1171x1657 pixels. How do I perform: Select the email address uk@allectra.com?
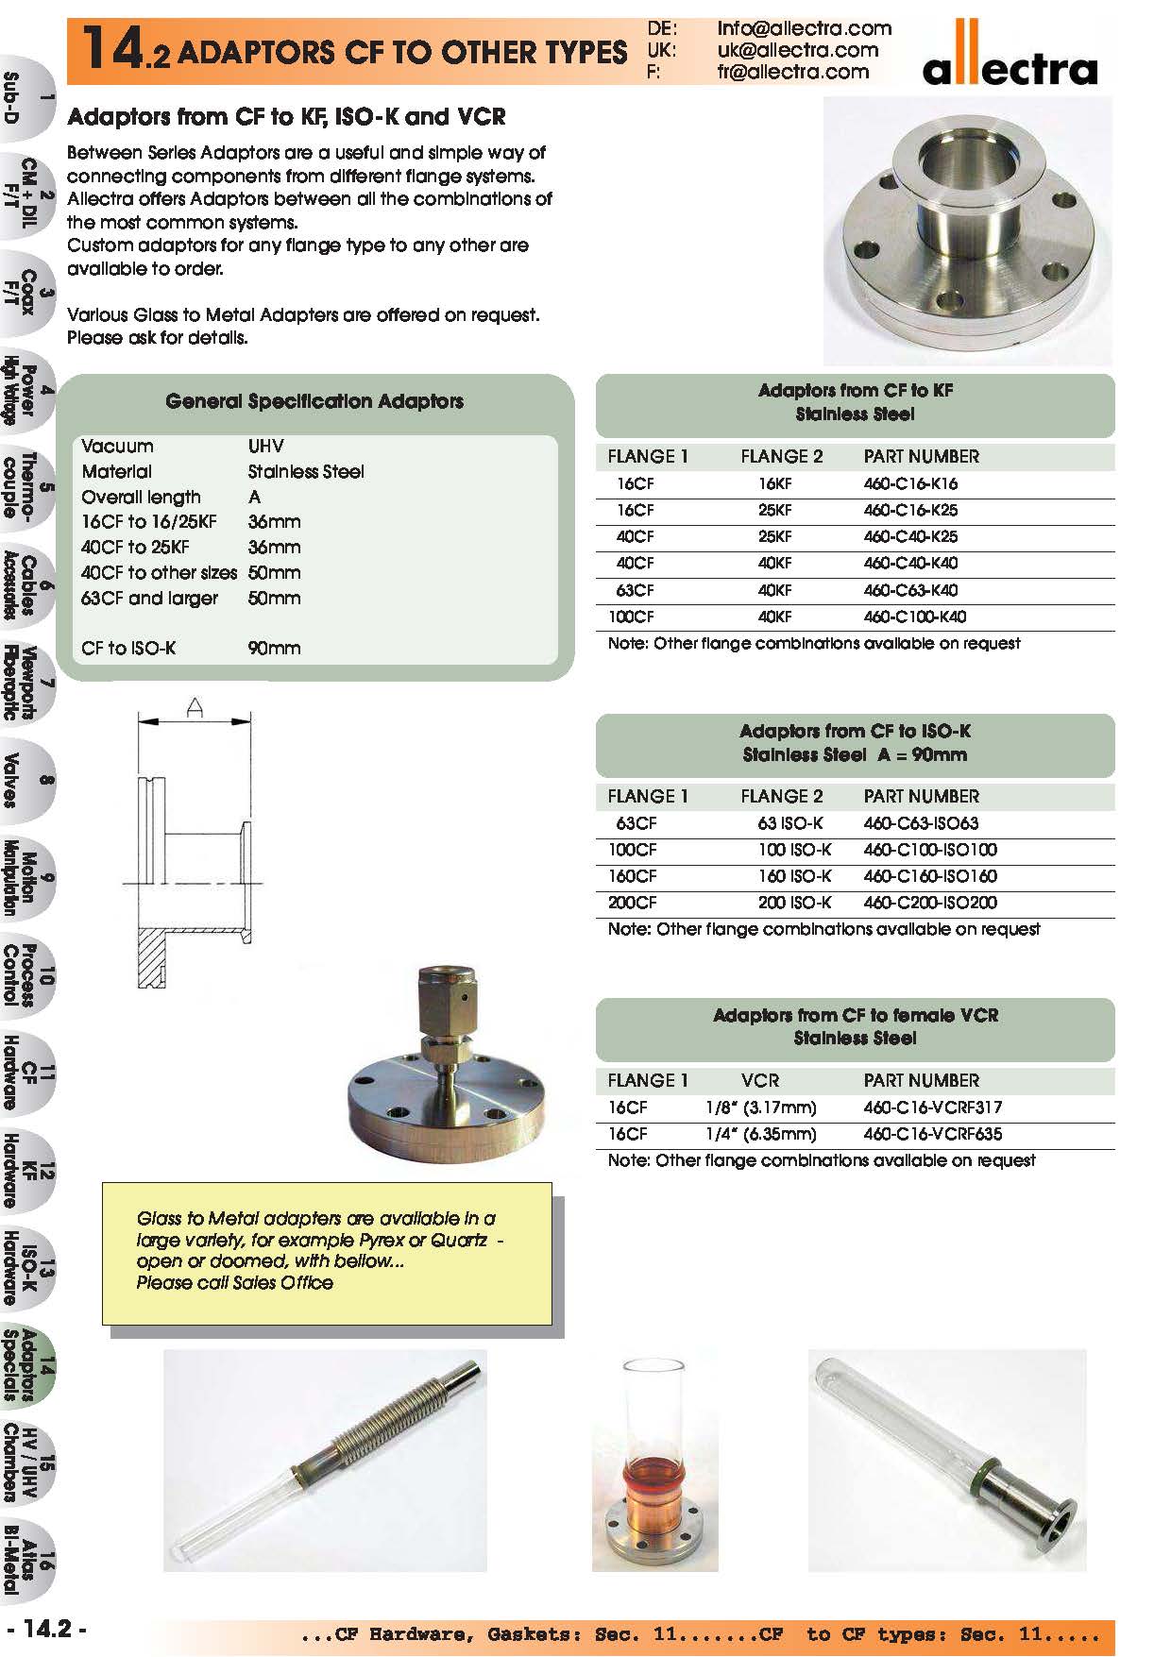[797, 50]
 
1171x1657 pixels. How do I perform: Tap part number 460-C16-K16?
[910, 483]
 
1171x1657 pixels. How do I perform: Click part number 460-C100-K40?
[914, 617]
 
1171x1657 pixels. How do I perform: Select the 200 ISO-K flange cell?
[794, 903]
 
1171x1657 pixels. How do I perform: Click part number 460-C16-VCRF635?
[932, 1134]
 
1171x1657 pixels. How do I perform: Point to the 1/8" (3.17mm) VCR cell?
[760, 1107]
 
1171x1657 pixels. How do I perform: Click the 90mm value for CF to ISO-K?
[274, 649]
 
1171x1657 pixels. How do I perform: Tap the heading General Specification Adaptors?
[314, 401]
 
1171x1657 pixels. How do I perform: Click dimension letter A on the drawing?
[195, 707]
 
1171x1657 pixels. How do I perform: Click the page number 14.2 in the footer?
[47, 1629]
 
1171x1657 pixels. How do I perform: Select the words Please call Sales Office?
[234, 1283]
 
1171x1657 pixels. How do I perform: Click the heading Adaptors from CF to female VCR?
[855, 1015]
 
